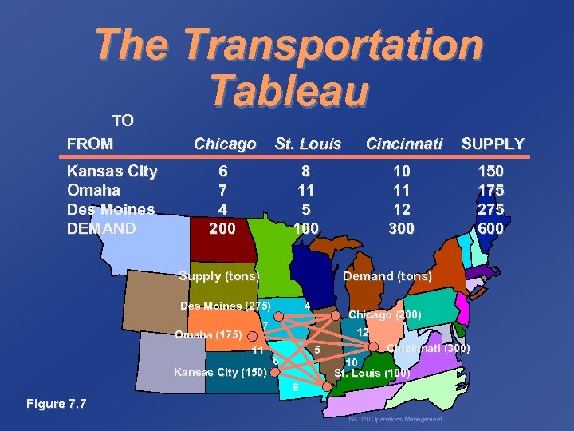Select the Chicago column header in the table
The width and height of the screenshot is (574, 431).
(225, 144)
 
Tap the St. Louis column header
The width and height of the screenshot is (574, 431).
(308, 144)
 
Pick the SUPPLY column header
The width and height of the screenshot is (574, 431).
(493, 144)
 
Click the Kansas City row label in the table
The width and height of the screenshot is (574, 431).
(112, 172)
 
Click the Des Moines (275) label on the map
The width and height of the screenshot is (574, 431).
(226, 306)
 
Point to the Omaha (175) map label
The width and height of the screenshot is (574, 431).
(208, 334)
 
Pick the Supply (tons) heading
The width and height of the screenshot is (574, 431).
(218, 276)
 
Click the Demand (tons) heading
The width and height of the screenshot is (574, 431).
(387, 276)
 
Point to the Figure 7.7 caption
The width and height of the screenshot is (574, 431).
(55, 404)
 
